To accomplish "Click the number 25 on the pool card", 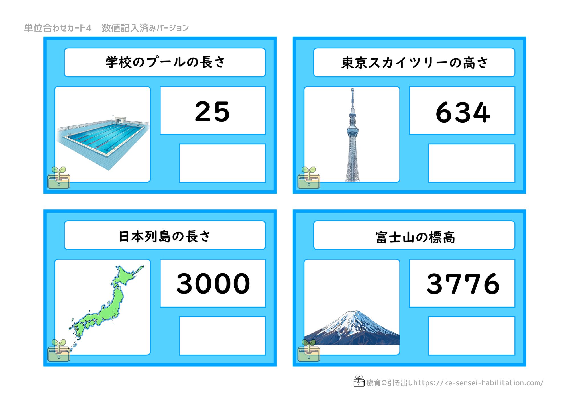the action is point(212,111).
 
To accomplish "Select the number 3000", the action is point(213,283).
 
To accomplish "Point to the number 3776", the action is point(463,284).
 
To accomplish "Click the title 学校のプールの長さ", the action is point(165,62).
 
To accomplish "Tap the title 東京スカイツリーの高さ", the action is point(414,63).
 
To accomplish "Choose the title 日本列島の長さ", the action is point(165,236).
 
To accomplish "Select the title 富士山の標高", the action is point(415,237).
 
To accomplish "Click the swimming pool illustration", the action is point(103,143).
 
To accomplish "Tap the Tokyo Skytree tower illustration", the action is point(353,135).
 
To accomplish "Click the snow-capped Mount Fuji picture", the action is point(352,328).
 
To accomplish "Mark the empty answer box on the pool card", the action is point(222,163).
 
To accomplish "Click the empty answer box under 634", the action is point(472,163).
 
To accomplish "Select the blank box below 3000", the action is point(222,336).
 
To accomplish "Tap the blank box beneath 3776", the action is point(472,336).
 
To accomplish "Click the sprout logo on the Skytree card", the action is point(309,178).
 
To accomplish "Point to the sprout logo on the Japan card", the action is point(59,351).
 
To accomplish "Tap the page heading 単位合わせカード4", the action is point(58,28).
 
